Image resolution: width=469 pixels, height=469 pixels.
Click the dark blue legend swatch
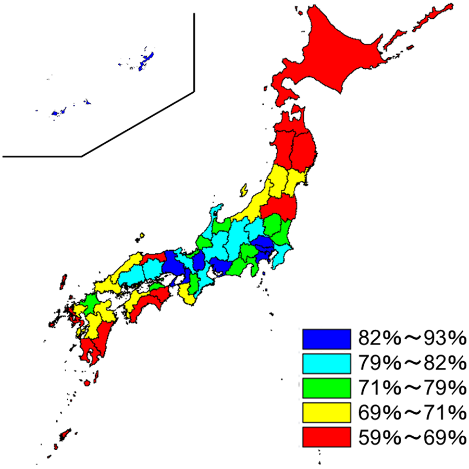coord(326,339)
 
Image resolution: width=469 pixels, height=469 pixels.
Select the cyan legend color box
coord(326,363)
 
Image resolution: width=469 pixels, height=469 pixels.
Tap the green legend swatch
coord(326,388)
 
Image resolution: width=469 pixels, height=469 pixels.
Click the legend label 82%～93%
coord(411,339)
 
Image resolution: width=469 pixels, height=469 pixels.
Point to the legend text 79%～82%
coord(411,363)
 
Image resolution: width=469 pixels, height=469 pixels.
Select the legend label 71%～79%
coord(411,388)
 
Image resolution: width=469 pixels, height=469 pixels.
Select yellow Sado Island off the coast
coord(243,191)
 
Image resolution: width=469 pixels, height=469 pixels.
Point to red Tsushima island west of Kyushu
coord(64,281)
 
